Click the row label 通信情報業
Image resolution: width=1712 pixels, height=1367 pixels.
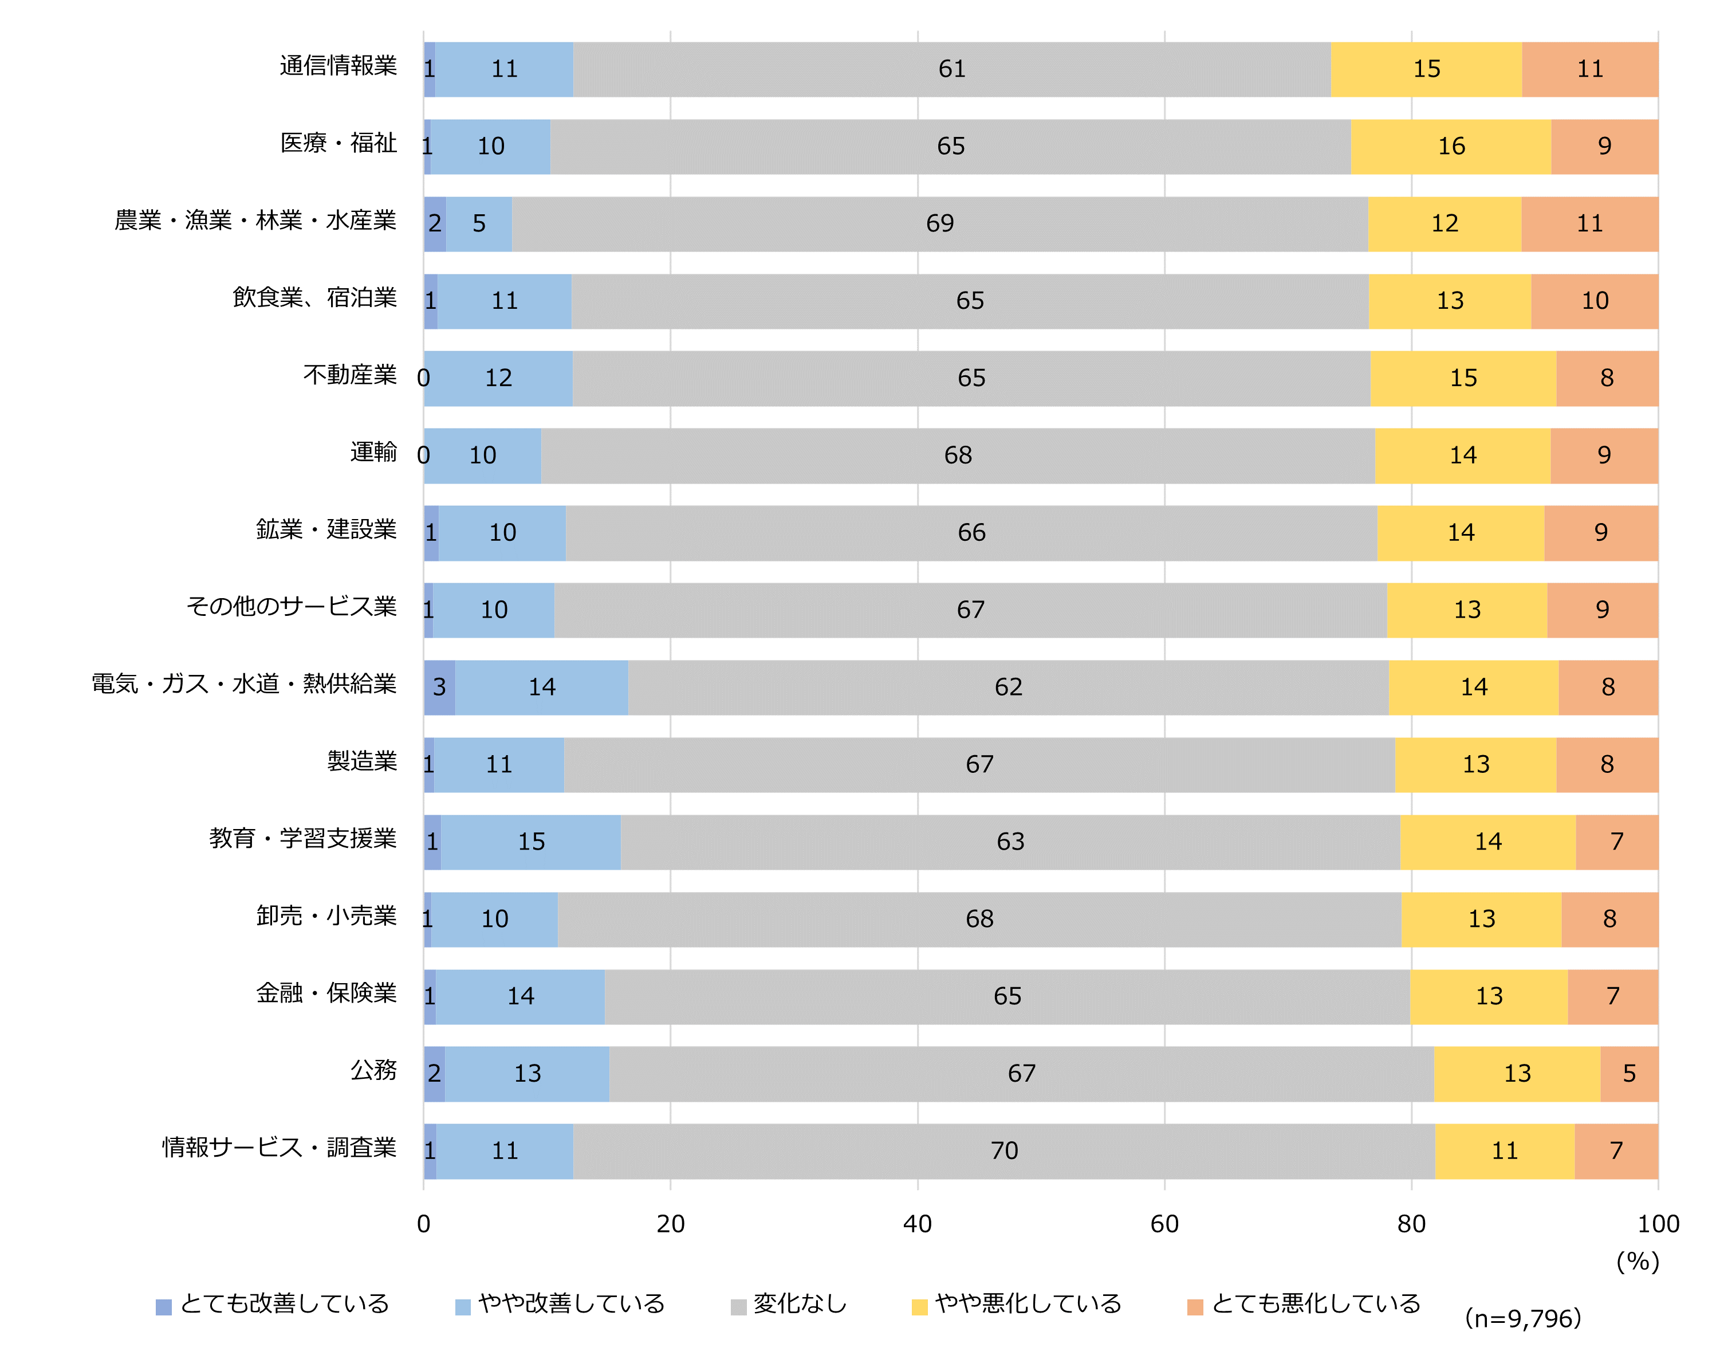tap(339, 66)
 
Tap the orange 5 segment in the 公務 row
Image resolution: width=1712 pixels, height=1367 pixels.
tap(1628, 1073)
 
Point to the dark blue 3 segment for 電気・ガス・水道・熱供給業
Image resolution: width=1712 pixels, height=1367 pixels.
tap(439, 687)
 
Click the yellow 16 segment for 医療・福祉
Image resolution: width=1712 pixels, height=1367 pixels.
tap(1451, 146)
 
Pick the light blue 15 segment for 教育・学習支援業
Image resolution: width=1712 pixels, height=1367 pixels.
tap(530, 841)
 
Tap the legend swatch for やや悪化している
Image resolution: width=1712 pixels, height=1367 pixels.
tap(919, 1307)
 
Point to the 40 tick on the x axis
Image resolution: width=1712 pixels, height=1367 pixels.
tap(917, 1224)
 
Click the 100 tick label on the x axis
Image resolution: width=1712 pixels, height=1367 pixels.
tap(1658, 1224)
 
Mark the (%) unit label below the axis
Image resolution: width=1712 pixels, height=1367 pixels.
tap(1638, 1262)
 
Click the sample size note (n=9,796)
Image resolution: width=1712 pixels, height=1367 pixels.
tap(1522, 1318)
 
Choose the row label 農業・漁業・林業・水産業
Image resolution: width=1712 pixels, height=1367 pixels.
tap(255, 220)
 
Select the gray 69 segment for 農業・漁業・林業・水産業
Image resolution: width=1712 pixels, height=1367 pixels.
tap(939, 223)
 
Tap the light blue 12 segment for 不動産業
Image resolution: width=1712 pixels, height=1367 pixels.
tap(499, 378)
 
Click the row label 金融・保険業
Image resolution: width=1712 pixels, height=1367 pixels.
tap(326, 993)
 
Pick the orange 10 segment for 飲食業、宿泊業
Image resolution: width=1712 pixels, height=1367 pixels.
tap(1595, 301)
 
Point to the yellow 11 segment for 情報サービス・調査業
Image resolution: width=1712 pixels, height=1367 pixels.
tap(1504, 1150)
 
